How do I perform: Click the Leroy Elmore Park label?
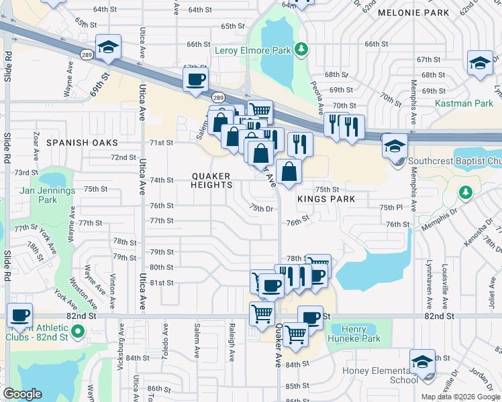pyautogui.click(x=253, y=50)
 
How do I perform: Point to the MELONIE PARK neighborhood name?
pyautogui.click(x=413, y=13)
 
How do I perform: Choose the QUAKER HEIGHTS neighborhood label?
pyautogui.click(x=211, y=180)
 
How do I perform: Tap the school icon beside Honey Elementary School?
pyautogui.click(x=421, y=361)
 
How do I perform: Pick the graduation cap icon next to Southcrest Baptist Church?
pyautogui.click(x=395, y=145)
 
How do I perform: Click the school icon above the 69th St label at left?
pyautogui.click(x=108, y=46)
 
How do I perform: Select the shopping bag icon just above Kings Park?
pyautogui.click(x=288, y=171)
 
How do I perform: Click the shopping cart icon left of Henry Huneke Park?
pyautogui.click(x=295, y=333)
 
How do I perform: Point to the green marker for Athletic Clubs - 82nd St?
pyautogui.click(x=78, y=331)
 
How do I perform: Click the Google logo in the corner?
pyautogui.click(x=22, y=394)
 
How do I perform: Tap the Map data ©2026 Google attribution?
pyautogui.click(x=460, y=397)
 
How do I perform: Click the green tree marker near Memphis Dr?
pyautogui.click(x=466, y=193)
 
